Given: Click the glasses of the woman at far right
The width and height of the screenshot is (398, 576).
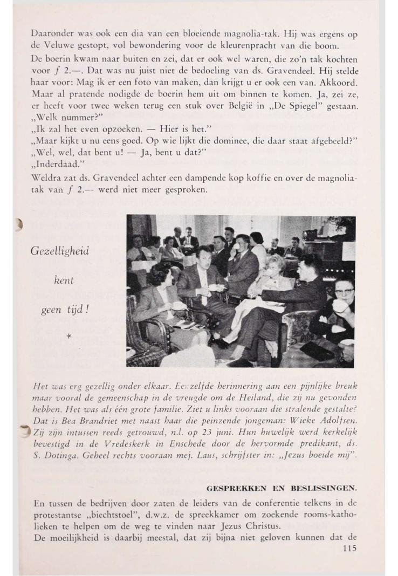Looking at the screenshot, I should click(344, 292).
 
